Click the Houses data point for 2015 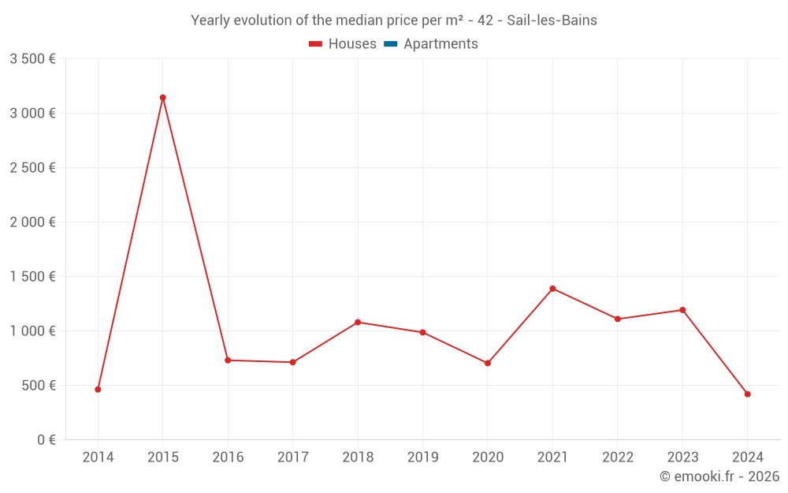[x=163, y=98]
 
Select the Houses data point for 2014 [x=98, y=390]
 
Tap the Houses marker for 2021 [x=552, y=289]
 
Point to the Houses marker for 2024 [x=747, y=394]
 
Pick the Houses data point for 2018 [x=358, y=322]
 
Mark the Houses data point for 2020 [x=488, y=364]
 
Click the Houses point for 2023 [x=682, y=310]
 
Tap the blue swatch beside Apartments [x=390, y=44]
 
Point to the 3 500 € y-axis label [x=32, y=59]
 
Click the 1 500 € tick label [x=32, y=277]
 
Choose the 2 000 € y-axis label [x=32, y=222]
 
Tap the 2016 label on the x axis [x=228, y=458]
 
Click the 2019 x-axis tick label [x=422, y=458]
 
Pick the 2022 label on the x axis [x=617, y=458]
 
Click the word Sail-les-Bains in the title [x=552, y=21]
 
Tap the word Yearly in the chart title [x=212, y=21]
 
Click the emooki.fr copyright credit [x=719, y=476]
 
